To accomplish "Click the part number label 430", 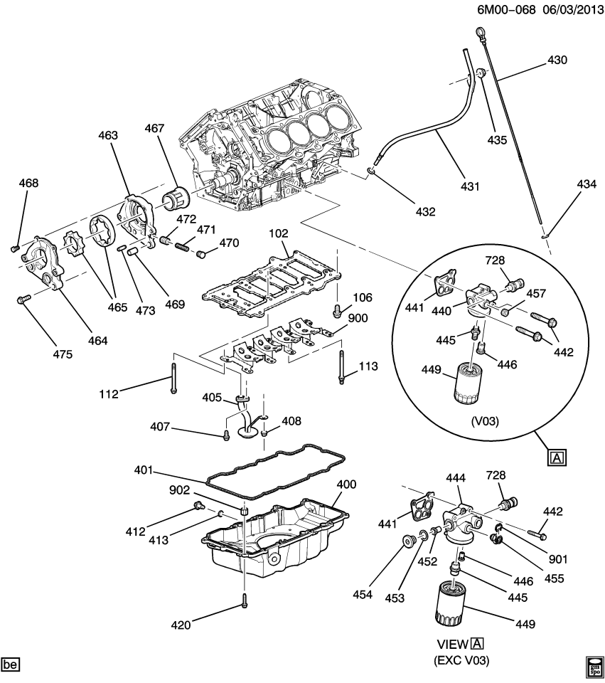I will [x=557, y=60].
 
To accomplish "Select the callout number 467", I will [x=154, y=129].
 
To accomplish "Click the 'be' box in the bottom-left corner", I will [x=11, y=665].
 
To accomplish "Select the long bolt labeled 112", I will [x=173, y=377].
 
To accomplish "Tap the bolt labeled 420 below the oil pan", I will [x=244, y=600].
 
